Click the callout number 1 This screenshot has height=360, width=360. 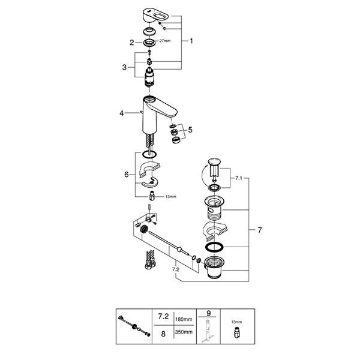coord(191,41)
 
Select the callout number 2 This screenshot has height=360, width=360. coord(132,43)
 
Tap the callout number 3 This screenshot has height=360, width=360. coord(124,67)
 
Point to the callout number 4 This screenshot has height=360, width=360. coord(121,113)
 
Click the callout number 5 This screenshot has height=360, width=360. coord(190,130)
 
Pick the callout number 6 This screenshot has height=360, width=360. coord(127,175)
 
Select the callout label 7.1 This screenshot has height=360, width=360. coord(239,178)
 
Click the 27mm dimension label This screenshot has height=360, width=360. coord(165,41)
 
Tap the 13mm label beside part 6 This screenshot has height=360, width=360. coord(170,197)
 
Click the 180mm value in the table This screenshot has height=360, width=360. coord(184,319)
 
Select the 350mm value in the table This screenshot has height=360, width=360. coord(184,332)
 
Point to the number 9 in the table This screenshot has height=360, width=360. coord(208,313)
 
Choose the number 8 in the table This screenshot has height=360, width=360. coord(163,334)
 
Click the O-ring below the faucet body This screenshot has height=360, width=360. coord(149,154)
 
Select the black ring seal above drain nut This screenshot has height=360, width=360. coord(214,247)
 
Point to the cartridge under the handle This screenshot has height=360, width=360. coord(149,77)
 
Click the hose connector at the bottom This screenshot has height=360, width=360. coord(150,260)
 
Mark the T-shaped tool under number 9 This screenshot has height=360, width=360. coord(208,331)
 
